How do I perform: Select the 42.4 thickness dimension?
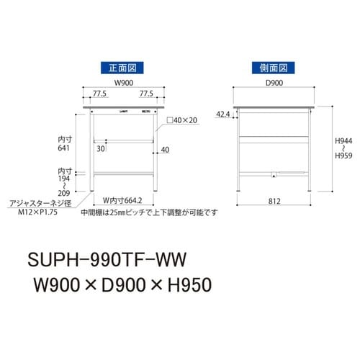click(x=224, y=114)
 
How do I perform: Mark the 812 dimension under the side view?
click(x=273, y=202)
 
